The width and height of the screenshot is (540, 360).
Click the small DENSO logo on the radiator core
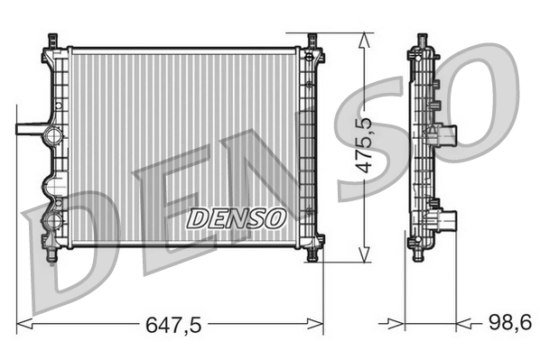pyautogui.click(x=236, y=217)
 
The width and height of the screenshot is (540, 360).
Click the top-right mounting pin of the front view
pyautogui.click(x=312, y=41)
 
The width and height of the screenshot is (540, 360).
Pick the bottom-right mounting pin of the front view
pyautogui.click(x=312, y=254)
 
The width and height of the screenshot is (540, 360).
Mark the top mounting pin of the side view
pyautogui.click(x=421, y=41)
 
